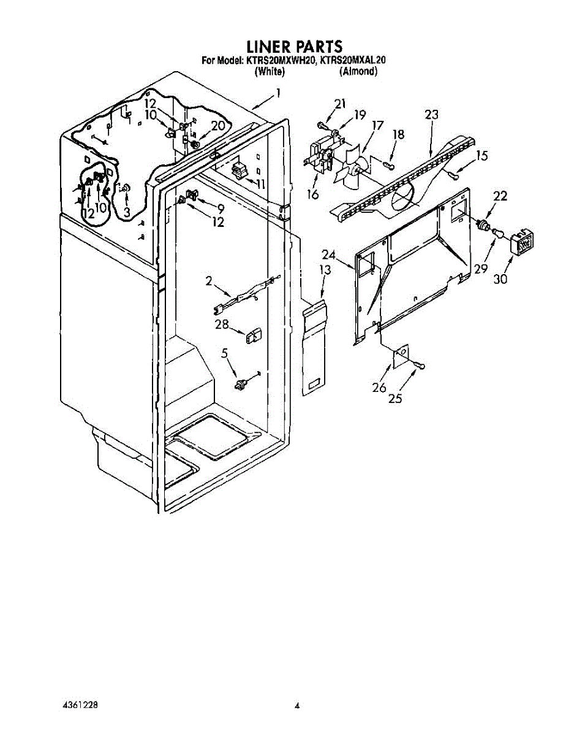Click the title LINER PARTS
coord(294,47)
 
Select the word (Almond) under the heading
coord(358,72)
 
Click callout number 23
coord(431,115)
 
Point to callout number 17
coord(377,126)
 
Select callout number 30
coord(500,279)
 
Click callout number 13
coord(325,270)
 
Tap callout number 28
coord(222,324)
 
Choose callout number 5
coord(224,353)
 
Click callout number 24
coord(328,255)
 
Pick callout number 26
coord(379,388)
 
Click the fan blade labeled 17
coord(352,167)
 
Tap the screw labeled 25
coord(420,366)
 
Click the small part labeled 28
coord(253,335)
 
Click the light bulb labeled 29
coord(496,232)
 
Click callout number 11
coord(261,185)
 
